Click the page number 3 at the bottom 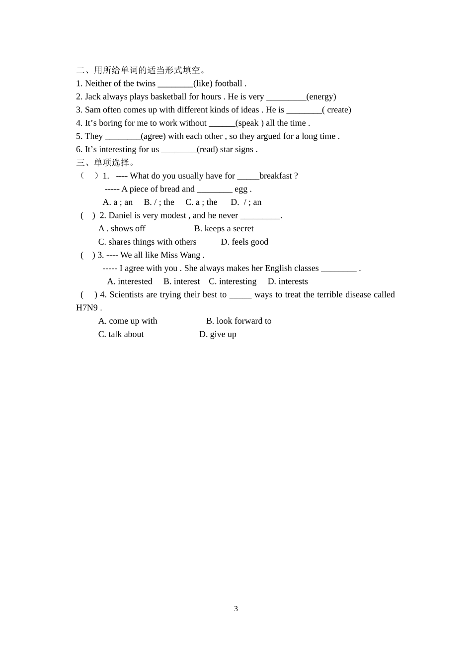tap(236, 609)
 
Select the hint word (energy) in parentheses tap(321, 97)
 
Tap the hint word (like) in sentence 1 tap(203, 84)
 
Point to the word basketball tap(168, 97)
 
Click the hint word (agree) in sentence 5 tap(153, 136)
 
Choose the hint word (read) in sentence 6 tap(207, 150)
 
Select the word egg tap(241, 189)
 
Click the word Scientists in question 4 tap(129, 295)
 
